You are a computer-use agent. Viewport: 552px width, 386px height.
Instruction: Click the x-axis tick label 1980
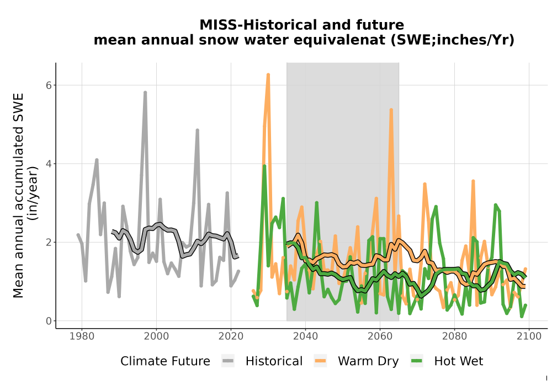pos(82,336)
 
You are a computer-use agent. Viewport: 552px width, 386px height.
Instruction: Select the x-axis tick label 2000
pos(156,336)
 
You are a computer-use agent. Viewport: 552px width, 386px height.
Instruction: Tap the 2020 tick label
pos(231,336)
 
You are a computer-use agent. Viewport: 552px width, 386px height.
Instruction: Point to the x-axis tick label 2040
pos(305,336)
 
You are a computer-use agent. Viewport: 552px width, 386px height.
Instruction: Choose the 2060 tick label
pos(380,336)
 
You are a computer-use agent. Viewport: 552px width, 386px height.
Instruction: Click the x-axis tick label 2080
pos(454,336)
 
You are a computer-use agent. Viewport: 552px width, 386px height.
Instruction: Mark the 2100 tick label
pos(529,336)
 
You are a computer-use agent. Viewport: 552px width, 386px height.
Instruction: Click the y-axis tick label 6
pos(49,85)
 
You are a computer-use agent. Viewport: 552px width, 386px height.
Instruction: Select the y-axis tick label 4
pos(49,164)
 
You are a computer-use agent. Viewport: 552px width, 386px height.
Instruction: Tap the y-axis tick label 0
pos(49,321)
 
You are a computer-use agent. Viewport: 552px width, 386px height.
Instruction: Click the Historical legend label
pos(274,361)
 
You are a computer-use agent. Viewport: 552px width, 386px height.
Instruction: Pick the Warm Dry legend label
pos(368,361)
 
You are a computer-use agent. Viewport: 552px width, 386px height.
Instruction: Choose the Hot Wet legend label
pos(459,361)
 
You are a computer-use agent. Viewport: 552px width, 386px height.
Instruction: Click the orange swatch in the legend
pos(320,361)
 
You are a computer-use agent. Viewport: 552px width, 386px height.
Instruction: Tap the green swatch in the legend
pos(417,361)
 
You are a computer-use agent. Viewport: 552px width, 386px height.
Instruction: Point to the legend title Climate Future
pos(165,361)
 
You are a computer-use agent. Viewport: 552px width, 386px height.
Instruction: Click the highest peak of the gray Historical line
pos(145,93)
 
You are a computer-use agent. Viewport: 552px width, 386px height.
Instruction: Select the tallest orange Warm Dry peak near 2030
pos(268,74)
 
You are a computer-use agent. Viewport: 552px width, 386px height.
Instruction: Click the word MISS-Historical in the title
pos(257,25)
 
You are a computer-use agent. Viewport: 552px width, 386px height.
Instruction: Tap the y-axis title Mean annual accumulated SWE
pos(18,195)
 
